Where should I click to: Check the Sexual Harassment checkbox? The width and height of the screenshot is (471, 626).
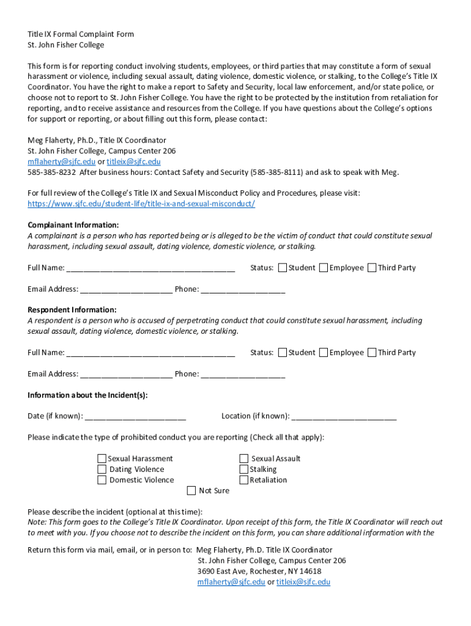click(x=102, y=458)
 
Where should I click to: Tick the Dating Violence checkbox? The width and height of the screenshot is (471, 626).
click(x=102, y=469)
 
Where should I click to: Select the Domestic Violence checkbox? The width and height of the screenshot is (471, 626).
click(x=102, y=480)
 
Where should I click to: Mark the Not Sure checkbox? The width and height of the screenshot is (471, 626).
click(x=191, y=490)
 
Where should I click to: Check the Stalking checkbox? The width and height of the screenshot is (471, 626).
click(x=244, y=469)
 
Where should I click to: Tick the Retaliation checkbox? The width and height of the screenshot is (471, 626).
click(x=244, y=480)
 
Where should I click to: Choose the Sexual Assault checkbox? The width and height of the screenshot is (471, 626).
click(x=244, y=458)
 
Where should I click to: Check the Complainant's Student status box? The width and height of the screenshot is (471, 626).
click(x=283, y=268)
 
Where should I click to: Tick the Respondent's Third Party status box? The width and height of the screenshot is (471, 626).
click(x=372, y=353)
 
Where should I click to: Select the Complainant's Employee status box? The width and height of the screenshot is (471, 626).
click(x=324, y=268)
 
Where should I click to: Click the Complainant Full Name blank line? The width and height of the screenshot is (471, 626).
click(x=150, y=268)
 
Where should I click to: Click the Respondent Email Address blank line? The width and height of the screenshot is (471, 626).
click(x=126, y=374)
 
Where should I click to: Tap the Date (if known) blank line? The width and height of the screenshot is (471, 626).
click(x=135, y=416)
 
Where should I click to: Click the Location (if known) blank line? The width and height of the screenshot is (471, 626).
click(x=344, y=416)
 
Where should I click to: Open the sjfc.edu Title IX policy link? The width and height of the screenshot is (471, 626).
click(x=141, y=204)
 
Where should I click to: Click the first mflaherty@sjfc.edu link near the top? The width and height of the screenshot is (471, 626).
click(x=61, y=162)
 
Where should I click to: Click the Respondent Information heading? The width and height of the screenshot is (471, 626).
click(x=72, y=310)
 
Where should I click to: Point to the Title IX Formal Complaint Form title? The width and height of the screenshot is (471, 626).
click(x=81, y=34)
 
